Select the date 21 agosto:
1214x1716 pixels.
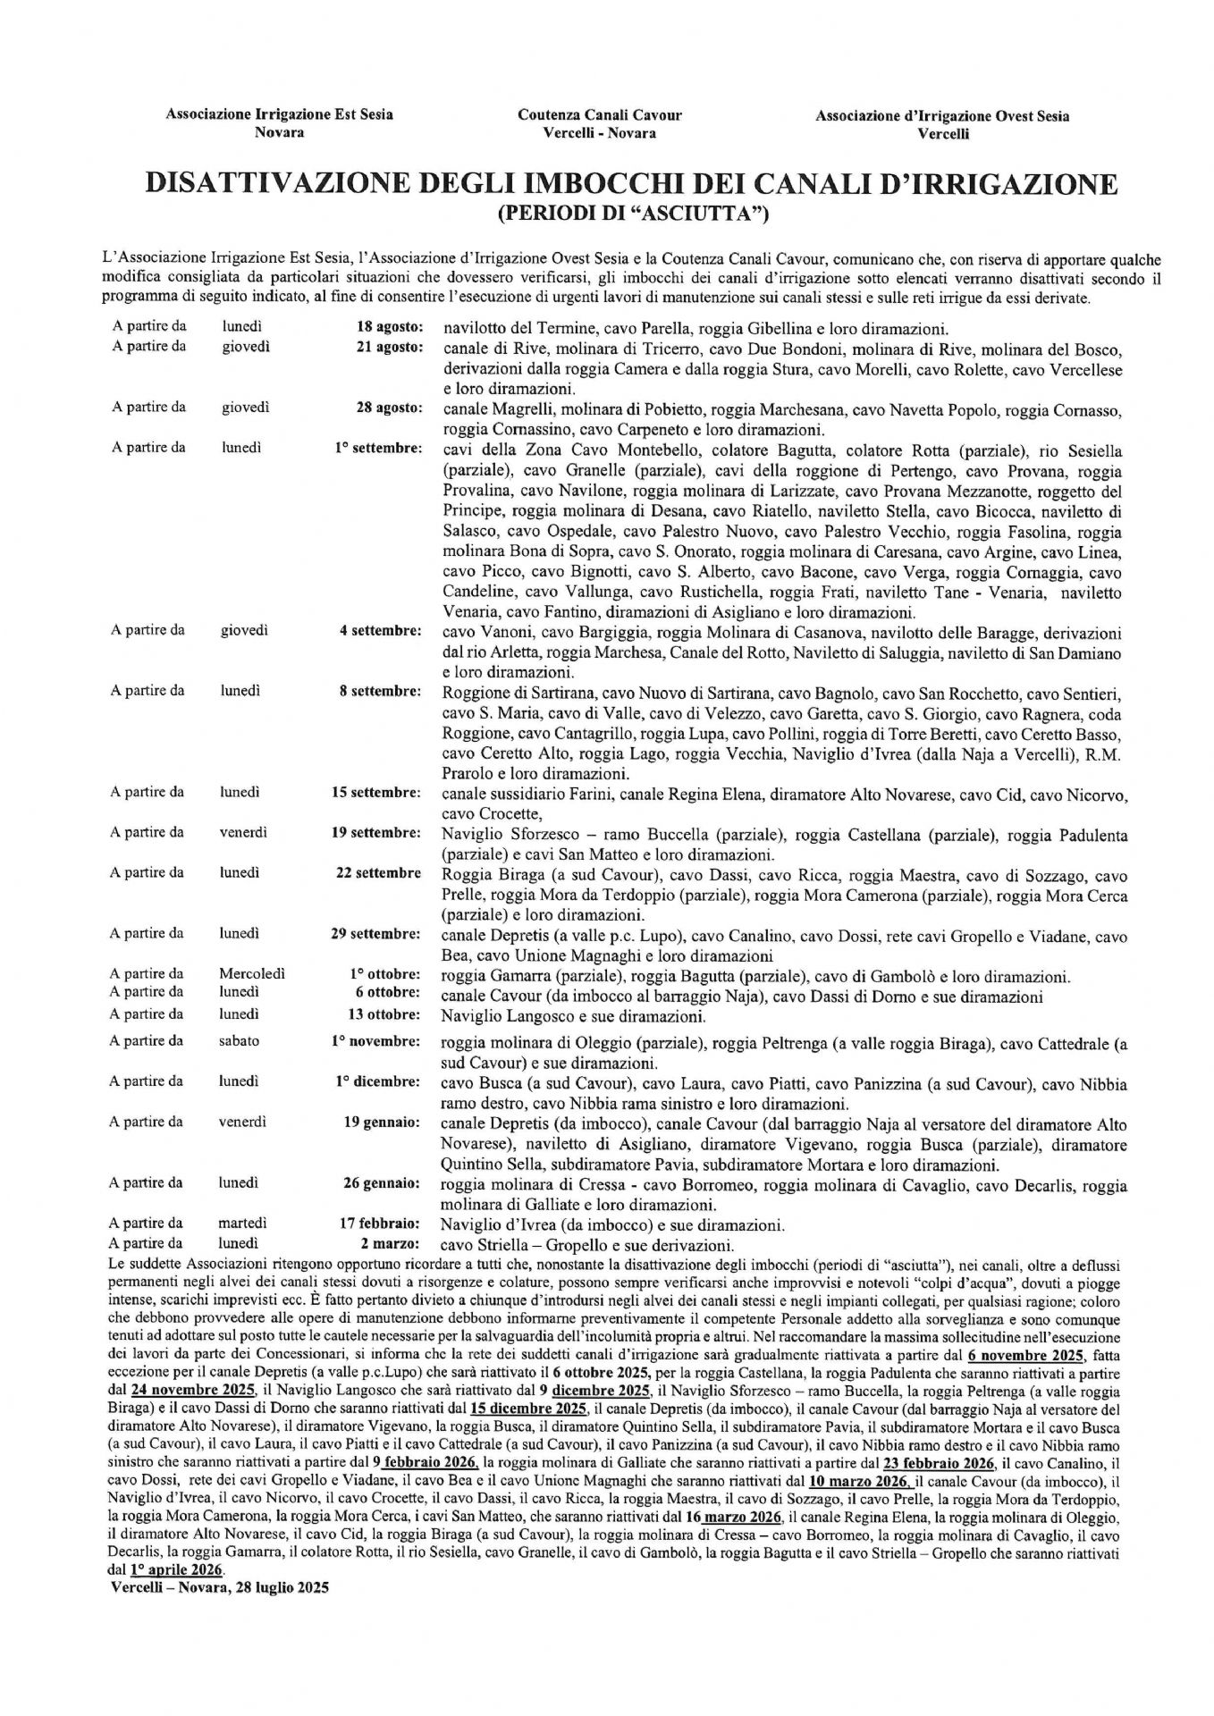[389, 347]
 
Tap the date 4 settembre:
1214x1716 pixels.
[380, 631]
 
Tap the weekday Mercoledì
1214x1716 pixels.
[252, 974]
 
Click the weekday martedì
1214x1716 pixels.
[242, 1224]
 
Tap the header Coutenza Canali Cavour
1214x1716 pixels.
[599, 115]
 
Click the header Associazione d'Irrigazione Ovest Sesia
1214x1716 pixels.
[942, 116]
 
